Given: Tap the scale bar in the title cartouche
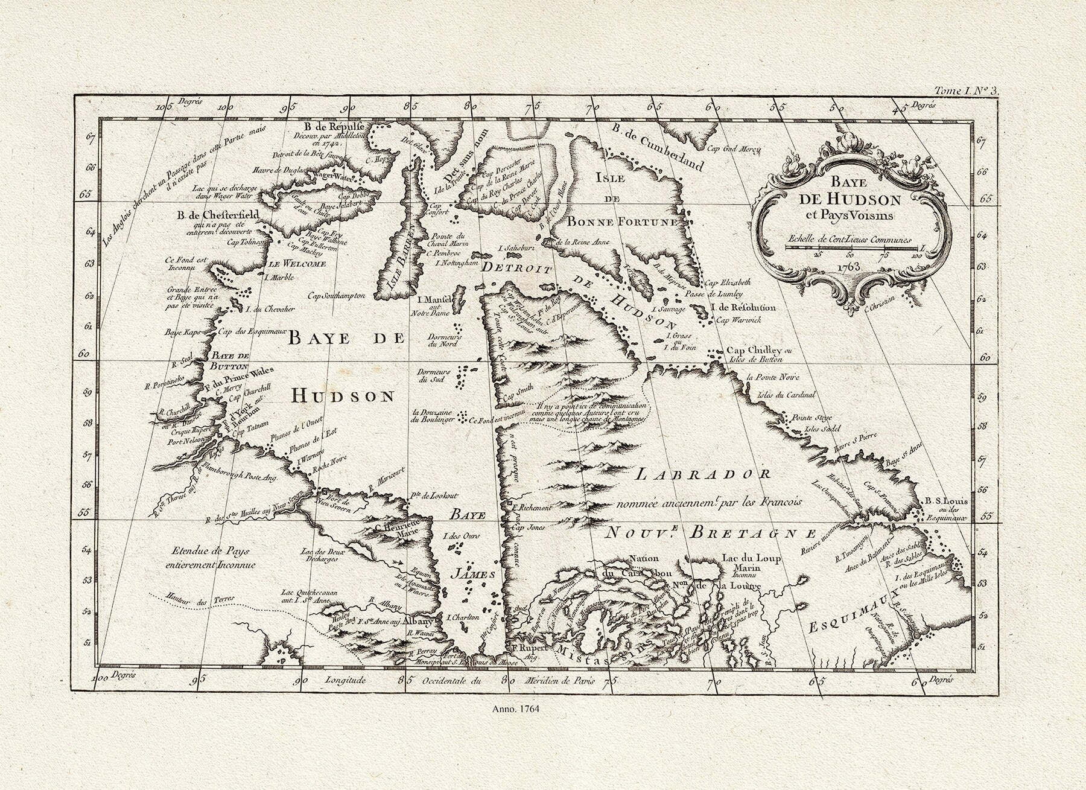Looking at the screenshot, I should (x=852, y=247).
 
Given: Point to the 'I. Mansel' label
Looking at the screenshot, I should (x=434, y=300).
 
